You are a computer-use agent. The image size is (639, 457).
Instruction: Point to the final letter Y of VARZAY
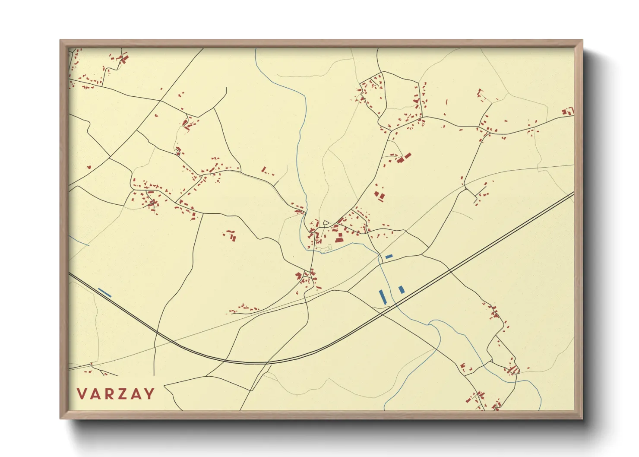(149, 394)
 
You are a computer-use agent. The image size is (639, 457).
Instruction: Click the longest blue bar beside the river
(382, 296)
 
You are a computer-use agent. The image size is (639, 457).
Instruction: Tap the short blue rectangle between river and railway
(402, 289)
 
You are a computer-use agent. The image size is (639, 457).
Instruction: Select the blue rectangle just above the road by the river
(389, 257)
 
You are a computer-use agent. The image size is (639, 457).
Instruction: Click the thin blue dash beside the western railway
(104, 293)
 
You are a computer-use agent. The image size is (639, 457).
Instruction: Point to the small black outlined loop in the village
(326, 223)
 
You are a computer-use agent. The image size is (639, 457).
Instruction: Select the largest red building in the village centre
(339, 238)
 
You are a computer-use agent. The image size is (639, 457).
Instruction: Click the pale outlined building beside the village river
(326, 248)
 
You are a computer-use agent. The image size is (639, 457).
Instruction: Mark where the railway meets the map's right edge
(573, 193)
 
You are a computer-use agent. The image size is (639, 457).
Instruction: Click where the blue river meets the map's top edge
(256, 49)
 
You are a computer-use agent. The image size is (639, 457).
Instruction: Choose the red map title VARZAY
(116, 394)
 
